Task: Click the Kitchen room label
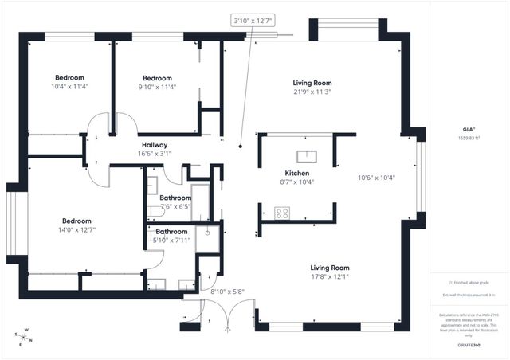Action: pos(297,173)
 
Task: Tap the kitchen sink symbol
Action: pos(307,156)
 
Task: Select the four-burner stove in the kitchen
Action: pos(282,213)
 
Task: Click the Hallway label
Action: pos(154,145)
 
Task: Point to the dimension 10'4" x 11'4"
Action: pos(69,87)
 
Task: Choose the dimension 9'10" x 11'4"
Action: pos(157,88)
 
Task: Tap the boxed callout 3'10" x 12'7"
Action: pos(253,20)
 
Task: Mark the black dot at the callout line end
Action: pos(241,146)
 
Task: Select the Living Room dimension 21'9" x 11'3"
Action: pos(312,92)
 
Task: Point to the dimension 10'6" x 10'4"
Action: pos(377,178)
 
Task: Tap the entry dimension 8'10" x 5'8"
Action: pos(227,292)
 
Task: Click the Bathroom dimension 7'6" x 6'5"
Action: pos(175,206)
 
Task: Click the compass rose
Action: pos(25,337)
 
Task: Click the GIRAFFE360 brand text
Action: pos(468,346)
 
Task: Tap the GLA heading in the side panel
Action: pos(468,128)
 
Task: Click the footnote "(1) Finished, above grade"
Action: pos(468,283)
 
